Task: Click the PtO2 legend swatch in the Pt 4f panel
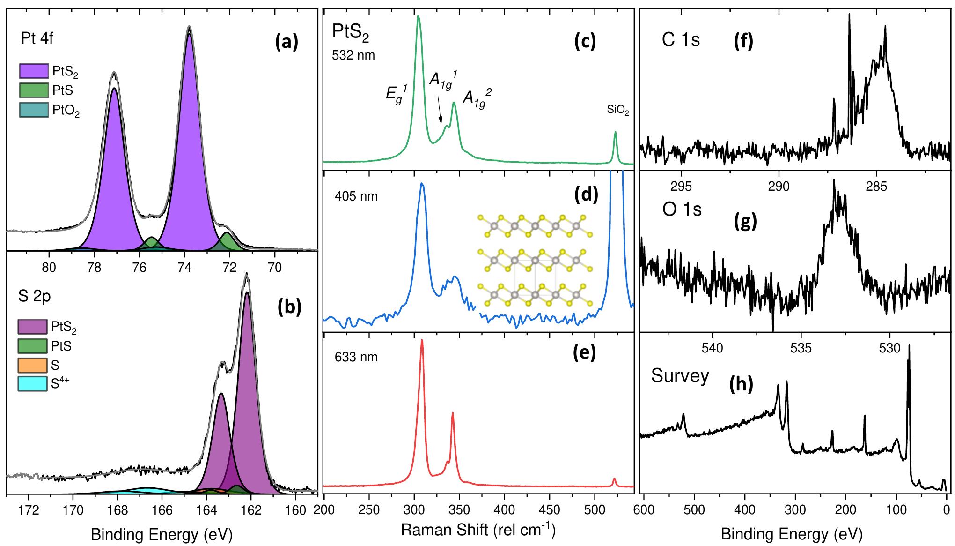(x=34, y=110)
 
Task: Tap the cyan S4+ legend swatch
(x=32, y=384)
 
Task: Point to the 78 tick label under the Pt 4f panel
(x=94, y=268)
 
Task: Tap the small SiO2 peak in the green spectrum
(x=615, y=133)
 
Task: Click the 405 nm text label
(x=356, y=196)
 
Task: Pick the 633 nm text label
(x=356, y=357)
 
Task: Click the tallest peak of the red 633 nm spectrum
(x=422, y=341)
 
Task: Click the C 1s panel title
(x=680, y=40)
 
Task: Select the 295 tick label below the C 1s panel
(x=681, y=187)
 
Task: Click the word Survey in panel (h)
(x=680, y=376)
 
